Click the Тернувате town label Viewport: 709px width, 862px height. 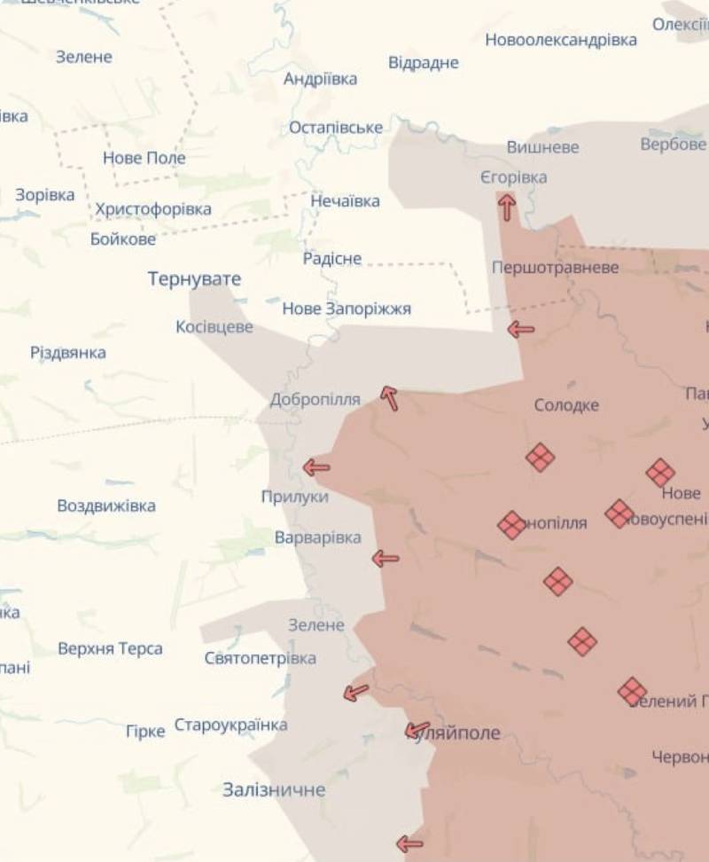tap(194, 279)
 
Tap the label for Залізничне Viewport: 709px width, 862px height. tap(274, 789)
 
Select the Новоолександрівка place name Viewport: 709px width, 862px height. tap(561, 40)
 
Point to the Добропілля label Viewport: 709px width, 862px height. tap(316, 399)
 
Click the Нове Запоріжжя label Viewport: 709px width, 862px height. tap(347, 309)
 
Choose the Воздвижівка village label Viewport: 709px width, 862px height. tap(106, 505)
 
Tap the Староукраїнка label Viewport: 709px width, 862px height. tap(230, 725)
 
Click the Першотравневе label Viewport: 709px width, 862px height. tap(556, 267)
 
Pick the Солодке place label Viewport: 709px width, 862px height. tap(566, 405)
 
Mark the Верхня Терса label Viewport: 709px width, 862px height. tap(110, 648)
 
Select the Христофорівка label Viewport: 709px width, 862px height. tap(153, 209)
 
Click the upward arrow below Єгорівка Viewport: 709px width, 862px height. tap(507, 207)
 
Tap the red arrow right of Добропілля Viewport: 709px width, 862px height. tap(389, 398)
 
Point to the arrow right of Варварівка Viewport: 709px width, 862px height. tap(385, 559)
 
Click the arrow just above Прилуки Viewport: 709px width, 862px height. tap(316, 466)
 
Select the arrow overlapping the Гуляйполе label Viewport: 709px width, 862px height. tap(417, 730)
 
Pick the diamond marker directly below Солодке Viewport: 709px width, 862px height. tap(540, 458)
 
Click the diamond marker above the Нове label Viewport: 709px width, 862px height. tap(660, 473)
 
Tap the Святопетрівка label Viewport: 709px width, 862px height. tap(260, 658)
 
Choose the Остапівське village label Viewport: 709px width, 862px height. tap(336, 127)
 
